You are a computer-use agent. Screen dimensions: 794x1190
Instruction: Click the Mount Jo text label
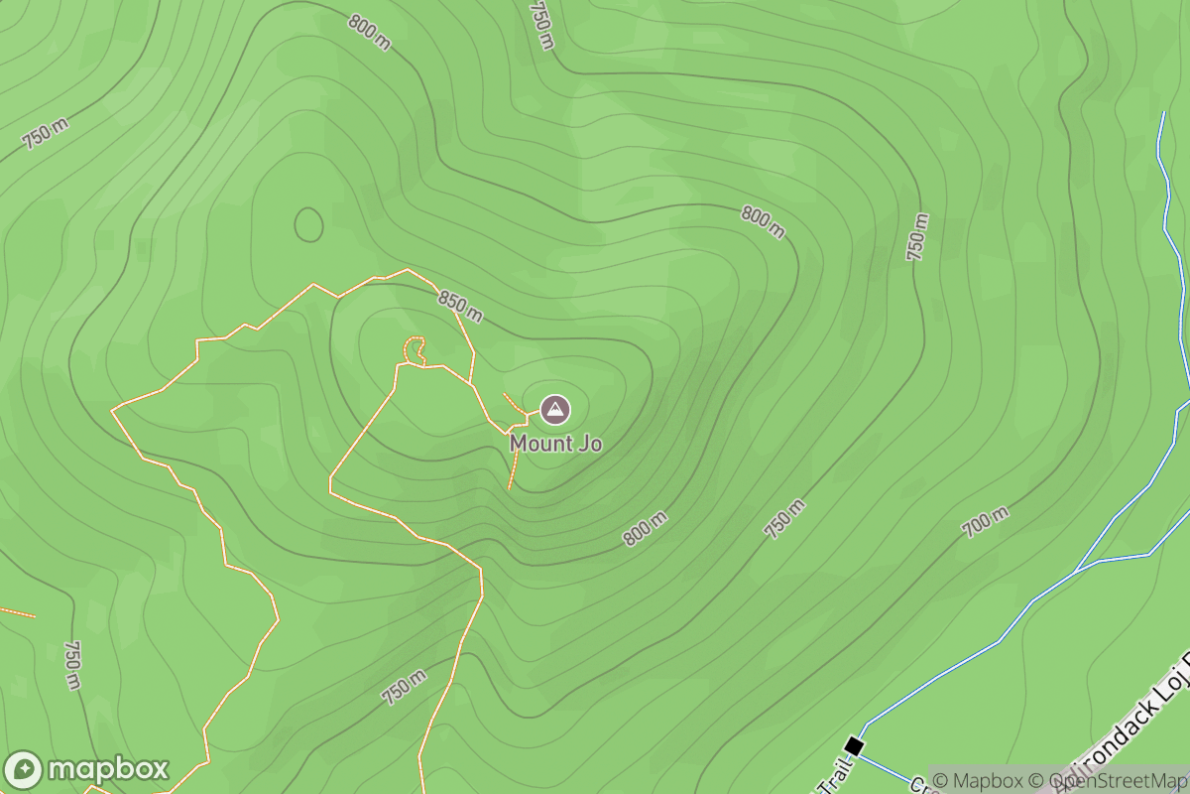pos(555,444)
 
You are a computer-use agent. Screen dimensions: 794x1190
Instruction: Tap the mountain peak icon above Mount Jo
pos(554,408)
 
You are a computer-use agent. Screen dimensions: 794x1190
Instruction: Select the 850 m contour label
pos(459,307)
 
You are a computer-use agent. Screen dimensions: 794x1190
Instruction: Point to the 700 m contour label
pos(986,521)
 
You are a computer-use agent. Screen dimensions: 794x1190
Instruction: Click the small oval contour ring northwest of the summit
pos(308,224)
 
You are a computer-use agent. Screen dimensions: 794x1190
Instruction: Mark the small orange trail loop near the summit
pos(415,350)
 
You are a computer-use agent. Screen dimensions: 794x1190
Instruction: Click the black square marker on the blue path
pos(854,745)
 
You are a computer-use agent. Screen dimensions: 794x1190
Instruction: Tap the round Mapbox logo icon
pos(23,770)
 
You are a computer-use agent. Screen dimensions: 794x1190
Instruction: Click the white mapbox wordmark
pos(108,770)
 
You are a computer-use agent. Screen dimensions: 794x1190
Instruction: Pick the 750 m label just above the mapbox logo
pos(72,665)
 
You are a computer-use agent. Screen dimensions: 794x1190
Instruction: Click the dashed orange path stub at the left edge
pos(18,611)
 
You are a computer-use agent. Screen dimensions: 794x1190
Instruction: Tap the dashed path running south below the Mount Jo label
pos(514,466)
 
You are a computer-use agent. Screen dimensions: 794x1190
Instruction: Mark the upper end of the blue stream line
pos(1162,114)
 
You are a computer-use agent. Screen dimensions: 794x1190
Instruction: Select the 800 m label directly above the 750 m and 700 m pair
pos(763,222)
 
